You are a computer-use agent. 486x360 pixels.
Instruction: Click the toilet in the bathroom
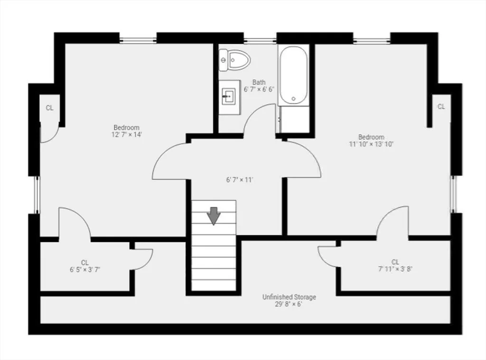[234, 60]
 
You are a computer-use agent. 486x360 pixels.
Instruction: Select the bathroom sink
[229, 97]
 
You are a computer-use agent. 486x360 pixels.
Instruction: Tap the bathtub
[293, 75]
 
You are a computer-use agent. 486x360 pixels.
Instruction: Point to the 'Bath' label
[259, 83]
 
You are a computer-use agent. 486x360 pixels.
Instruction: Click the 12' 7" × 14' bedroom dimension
[126, 135]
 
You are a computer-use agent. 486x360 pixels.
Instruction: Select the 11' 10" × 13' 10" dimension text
[371, 144]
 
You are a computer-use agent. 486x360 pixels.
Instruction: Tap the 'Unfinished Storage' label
[289, 297]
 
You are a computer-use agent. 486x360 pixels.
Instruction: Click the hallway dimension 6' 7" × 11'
[240, 180]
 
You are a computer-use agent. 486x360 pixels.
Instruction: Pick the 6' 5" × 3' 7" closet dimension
[85, 269]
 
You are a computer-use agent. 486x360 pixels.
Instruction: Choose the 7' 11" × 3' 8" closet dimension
[395, 269]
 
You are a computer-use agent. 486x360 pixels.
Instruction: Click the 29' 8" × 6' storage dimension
[289, 304]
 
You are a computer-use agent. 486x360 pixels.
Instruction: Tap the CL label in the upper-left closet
[49, 108]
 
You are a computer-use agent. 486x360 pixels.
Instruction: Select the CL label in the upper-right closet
[441, 107]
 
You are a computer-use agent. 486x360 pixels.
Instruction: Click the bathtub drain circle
[293, 99]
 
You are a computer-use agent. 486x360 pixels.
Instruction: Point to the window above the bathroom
[260, 40]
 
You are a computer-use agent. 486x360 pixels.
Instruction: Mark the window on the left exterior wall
[37, 194]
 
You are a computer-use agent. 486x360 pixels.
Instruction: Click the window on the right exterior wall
[454, 194]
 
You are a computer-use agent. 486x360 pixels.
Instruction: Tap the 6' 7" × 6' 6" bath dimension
[259, 90]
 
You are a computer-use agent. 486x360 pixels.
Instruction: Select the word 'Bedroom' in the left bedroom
[126, 127]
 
